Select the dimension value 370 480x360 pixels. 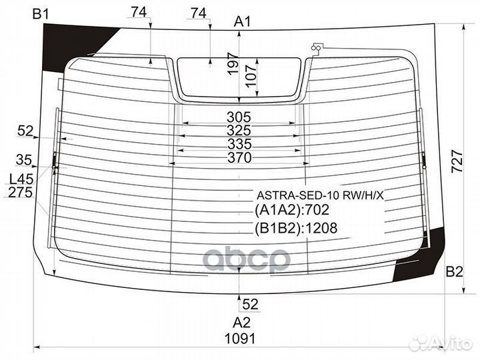tap(239, 158)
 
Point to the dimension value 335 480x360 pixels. tap(239, 144)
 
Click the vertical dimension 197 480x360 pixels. tap(232, 64)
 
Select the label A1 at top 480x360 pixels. tap(242, 21)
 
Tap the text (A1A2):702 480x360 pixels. tap(292, 211)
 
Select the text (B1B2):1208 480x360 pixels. tap(295, 228)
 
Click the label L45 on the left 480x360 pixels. tap(21, 179)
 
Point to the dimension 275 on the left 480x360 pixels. tap(21, 193)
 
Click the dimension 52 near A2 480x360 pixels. tap(249, 304)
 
